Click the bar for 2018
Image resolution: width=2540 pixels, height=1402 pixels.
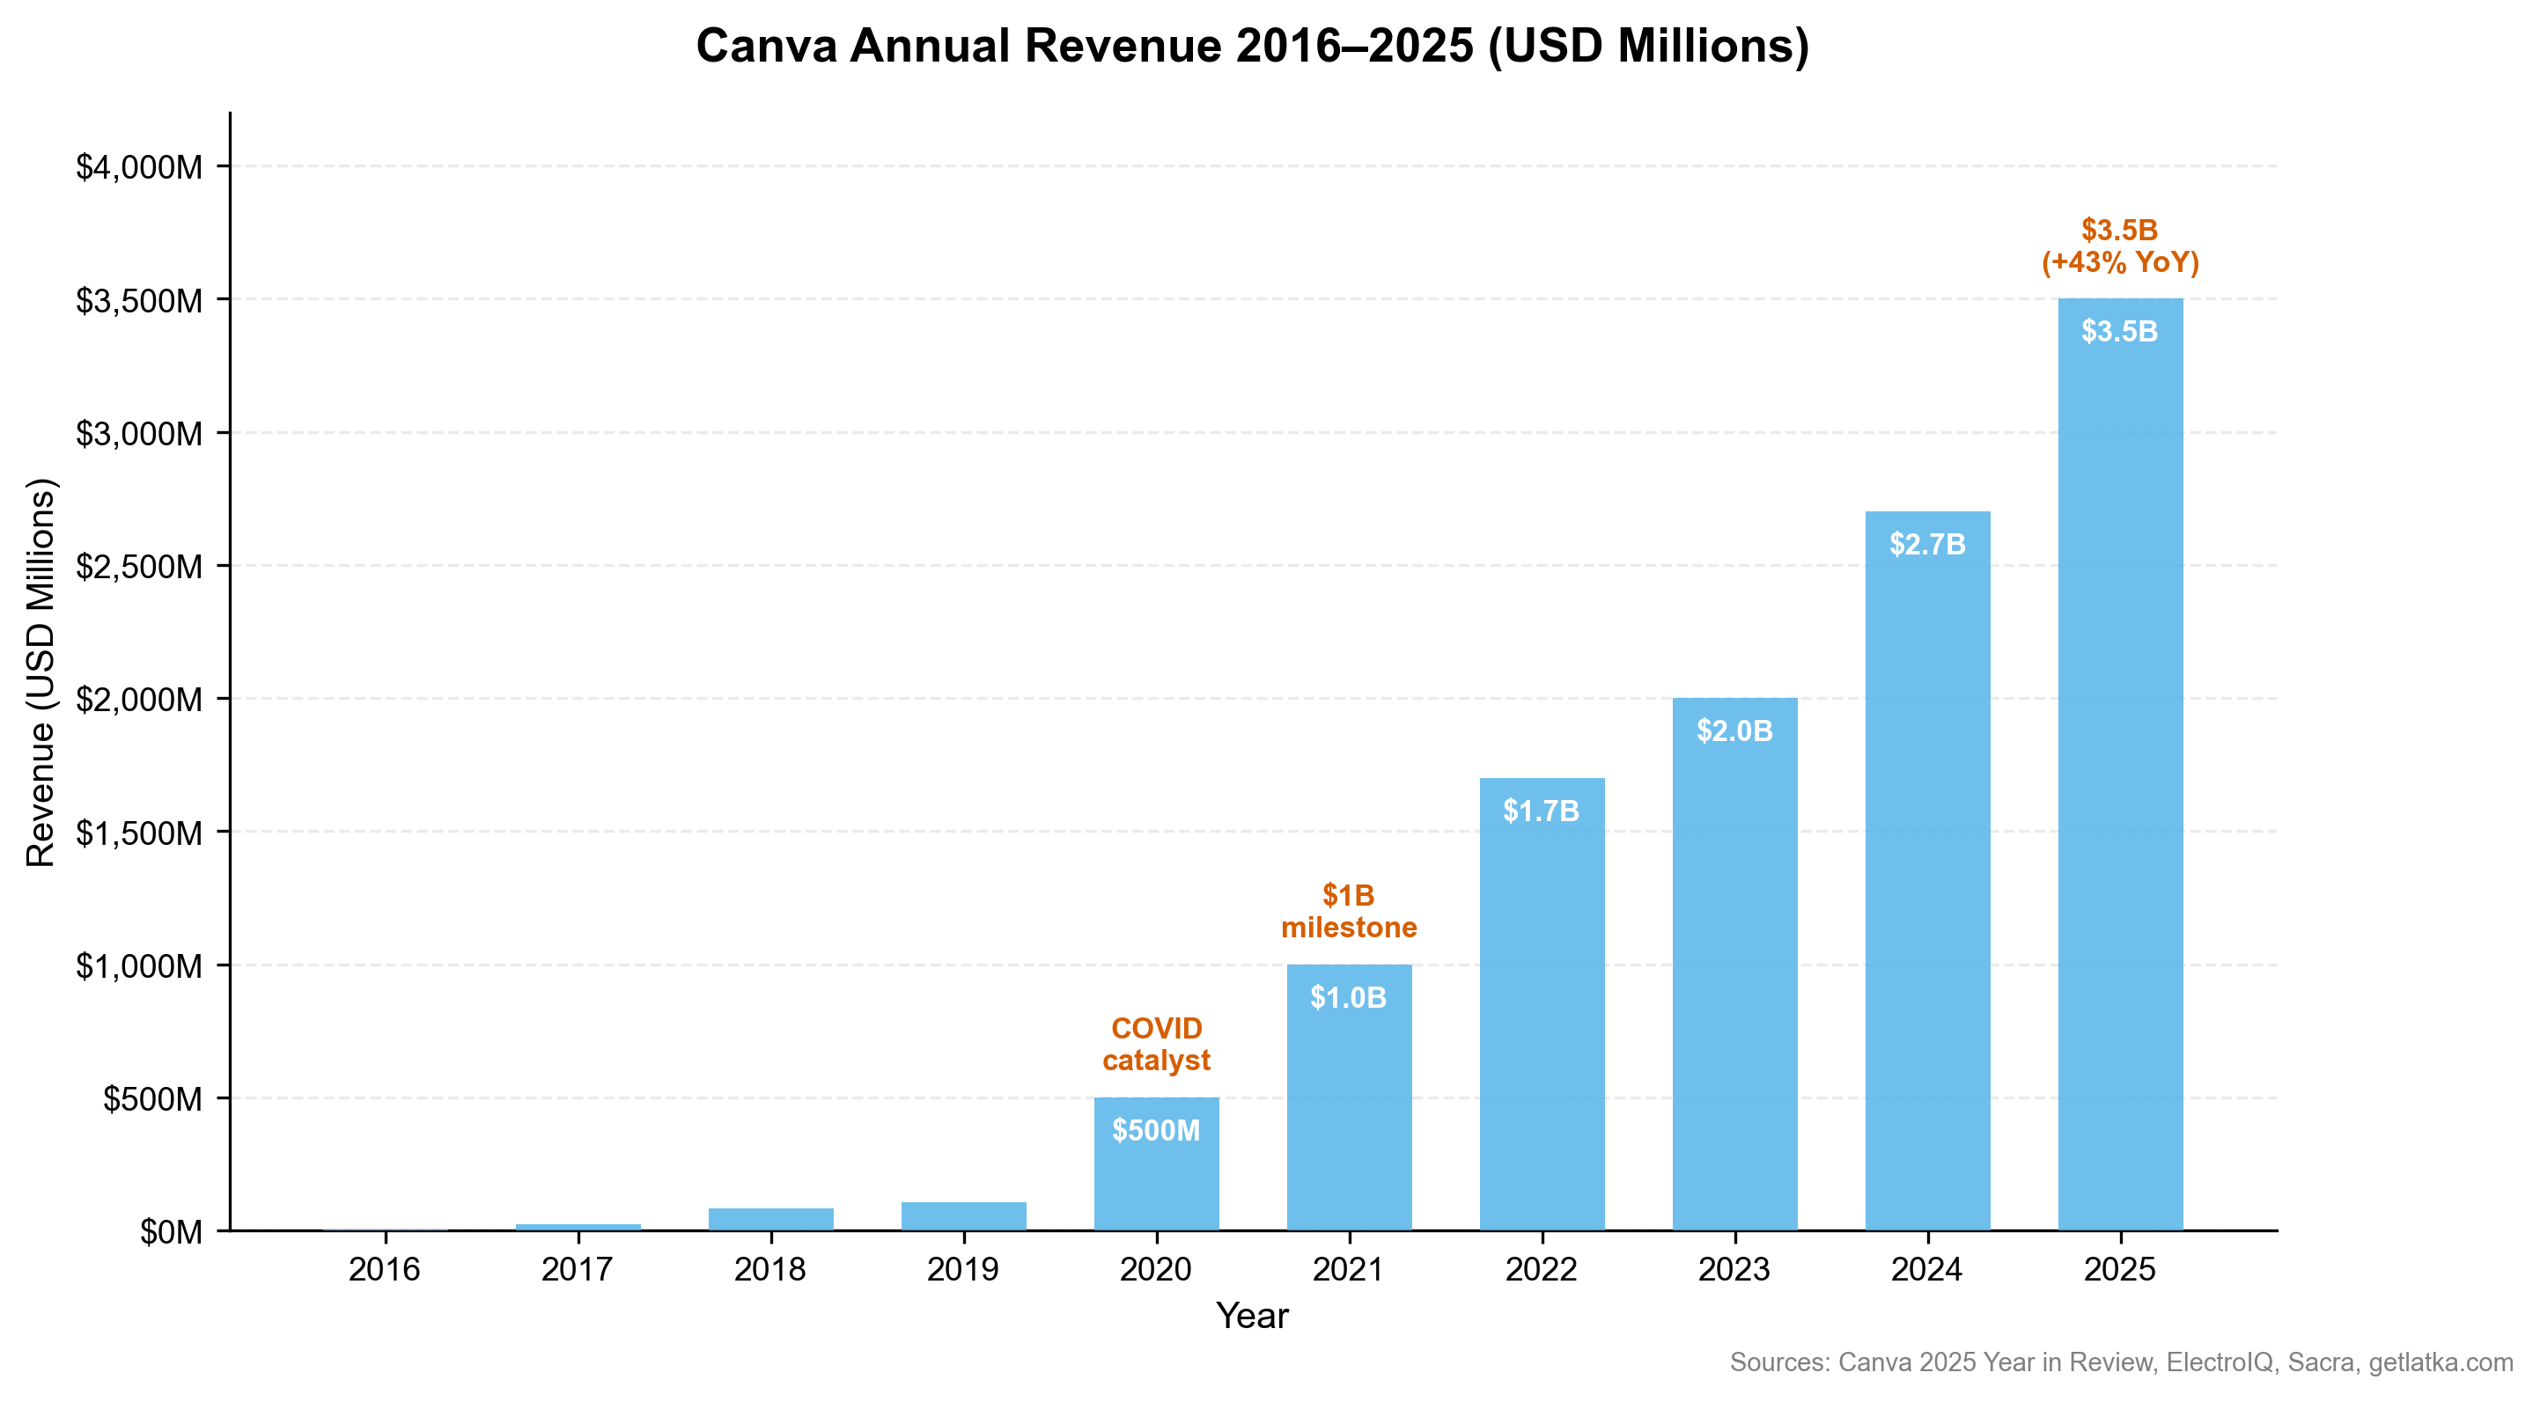pos(770,1219)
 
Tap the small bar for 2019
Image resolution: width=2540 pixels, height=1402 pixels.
pos(963,1215)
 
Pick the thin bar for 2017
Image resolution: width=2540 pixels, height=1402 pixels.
pos(578,1227)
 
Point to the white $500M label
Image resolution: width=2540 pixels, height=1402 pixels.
pos(1156,1130)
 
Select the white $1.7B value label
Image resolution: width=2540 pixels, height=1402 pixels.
pos(1540,811)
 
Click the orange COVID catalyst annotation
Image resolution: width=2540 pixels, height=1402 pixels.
pos(1156,1044)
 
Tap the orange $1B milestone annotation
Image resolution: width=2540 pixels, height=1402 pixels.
pos(1348,911)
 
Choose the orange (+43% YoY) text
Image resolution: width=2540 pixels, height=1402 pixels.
pos(2120,262)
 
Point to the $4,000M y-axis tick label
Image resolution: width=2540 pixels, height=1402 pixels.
pos(139,166)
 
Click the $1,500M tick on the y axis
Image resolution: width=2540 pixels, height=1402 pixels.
pos(139,833)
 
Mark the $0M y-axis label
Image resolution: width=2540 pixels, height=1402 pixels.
pos(171,1231)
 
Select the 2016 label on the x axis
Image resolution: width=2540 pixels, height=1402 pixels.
pos(385,1269)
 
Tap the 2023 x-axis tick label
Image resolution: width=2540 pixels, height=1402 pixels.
pos(1734,1269)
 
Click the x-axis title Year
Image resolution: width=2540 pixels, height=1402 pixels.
pos(1251,1315)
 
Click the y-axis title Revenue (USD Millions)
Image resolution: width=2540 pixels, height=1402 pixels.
pos(40,672)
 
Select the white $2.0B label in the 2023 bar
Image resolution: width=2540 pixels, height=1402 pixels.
pos(1734,730)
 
